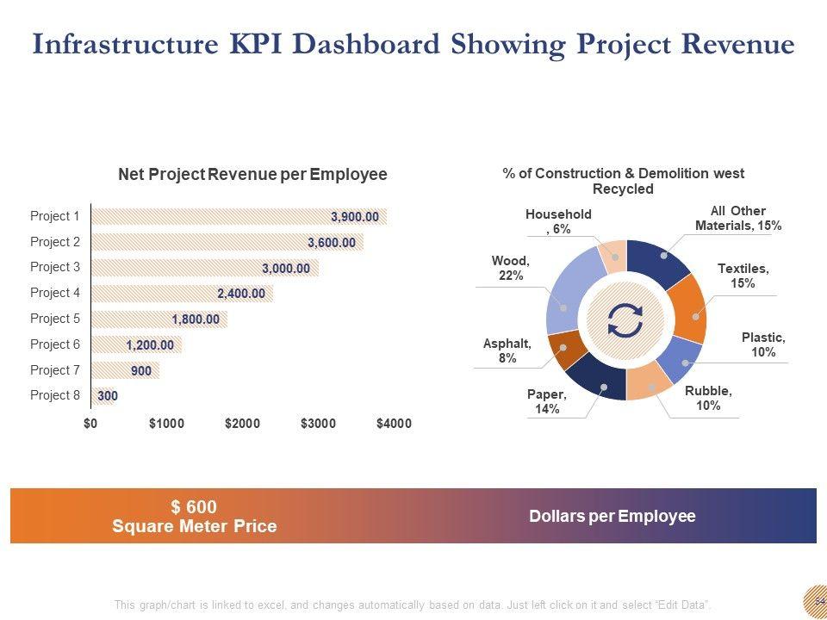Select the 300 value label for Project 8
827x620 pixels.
click(107, 396)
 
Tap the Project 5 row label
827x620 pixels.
click(54, 319)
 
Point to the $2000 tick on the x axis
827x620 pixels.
click(242, 424)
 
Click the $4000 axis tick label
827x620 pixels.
click(394, 424)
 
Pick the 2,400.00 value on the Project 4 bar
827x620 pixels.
click(241, 294)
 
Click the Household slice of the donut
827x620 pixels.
click(613, 256)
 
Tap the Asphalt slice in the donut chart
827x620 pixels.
click(563, 349)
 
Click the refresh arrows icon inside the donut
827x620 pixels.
click(625, 320)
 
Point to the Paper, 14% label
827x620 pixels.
click(547, 401)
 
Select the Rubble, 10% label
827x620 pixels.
click(708, 398)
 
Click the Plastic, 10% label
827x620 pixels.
click(763, 344)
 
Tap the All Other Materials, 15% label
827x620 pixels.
click(738, 218)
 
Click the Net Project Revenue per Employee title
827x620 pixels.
click(252, 175)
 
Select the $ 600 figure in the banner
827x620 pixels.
click(194, 507)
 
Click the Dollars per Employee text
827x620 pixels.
click(612, 516)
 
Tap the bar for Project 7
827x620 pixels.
click(124, 370)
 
